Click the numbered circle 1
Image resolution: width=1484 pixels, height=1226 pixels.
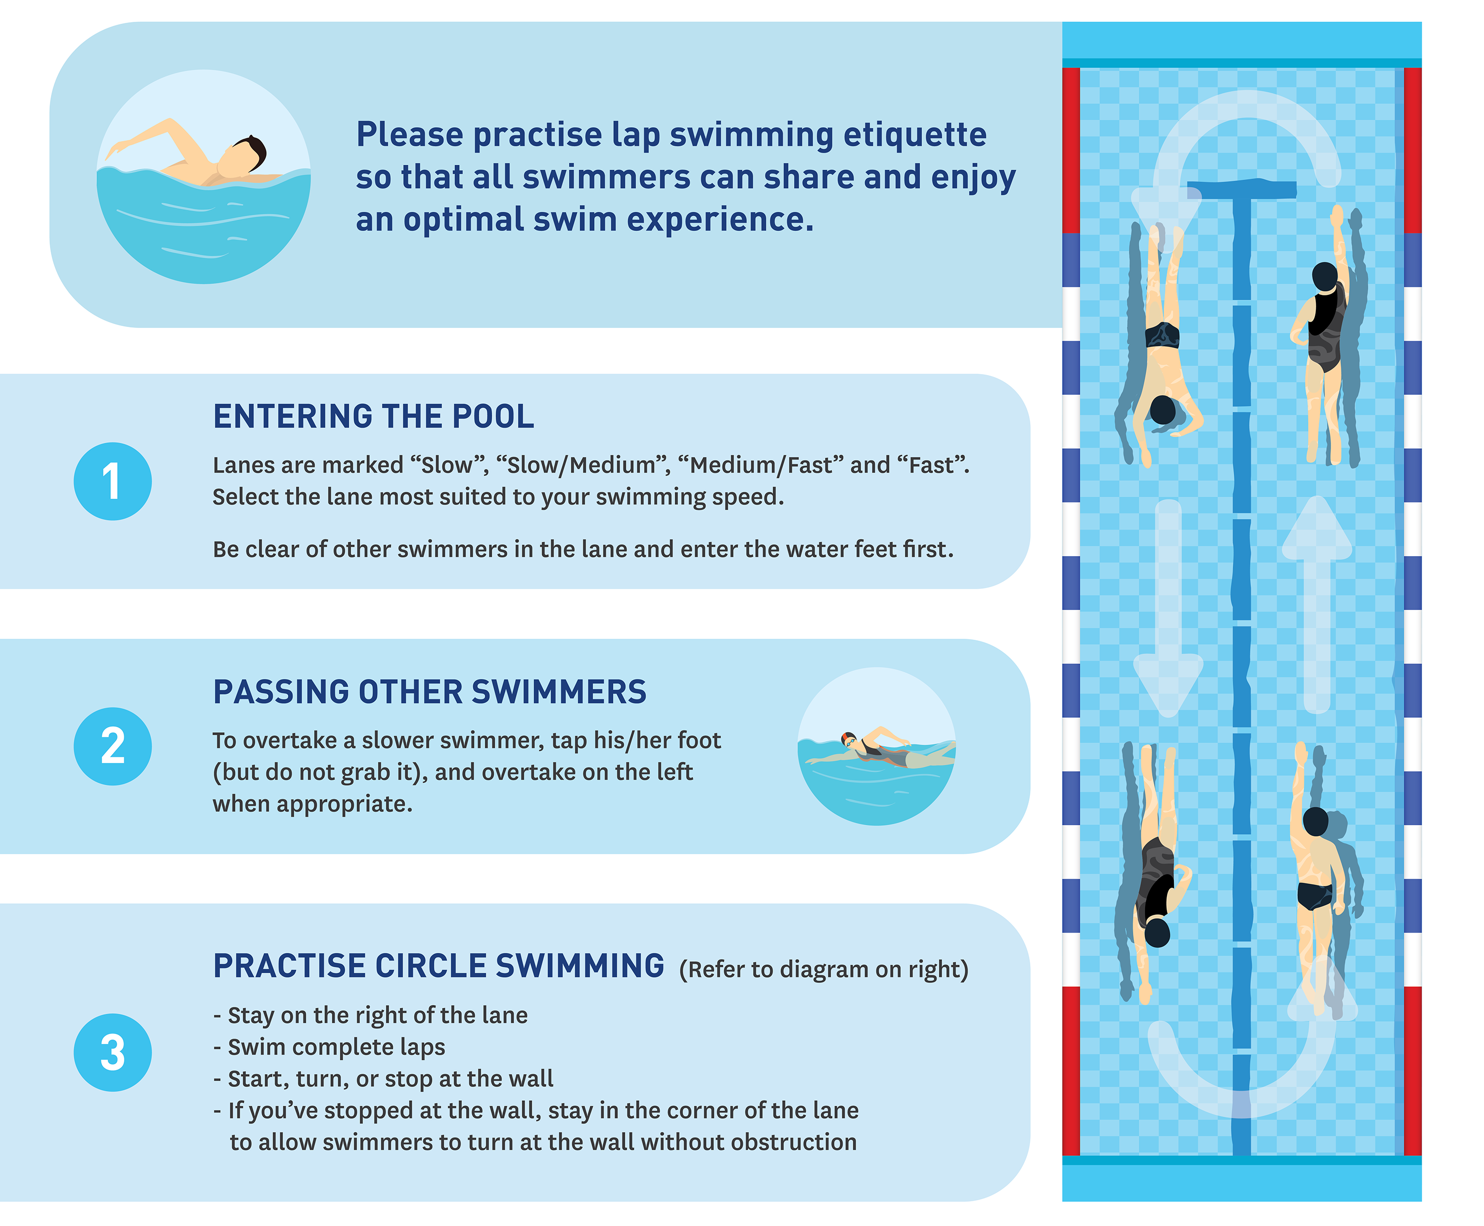(x=112, y=482)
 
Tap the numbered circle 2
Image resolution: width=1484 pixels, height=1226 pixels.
(x=112, y=747)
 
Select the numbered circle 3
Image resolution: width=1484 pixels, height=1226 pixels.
(x=112, y=1052)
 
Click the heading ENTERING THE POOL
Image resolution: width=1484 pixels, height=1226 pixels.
(x=373, y=417)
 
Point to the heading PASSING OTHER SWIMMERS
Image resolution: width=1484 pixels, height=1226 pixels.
(x=429, y=692)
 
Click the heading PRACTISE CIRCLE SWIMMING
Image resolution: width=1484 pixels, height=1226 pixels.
(x=438, y=966)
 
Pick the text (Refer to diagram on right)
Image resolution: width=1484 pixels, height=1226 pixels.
(x=823, y=970)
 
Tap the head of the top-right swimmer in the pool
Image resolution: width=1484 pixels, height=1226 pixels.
(x=1324, y=276)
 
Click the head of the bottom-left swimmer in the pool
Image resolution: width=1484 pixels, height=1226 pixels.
(x=1157, y=932)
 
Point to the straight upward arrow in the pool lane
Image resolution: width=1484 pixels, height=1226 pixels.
(x=1317, y=600)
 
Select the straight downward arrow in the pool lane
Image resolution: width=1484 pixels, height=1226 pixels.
(x=1168, y=608)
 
